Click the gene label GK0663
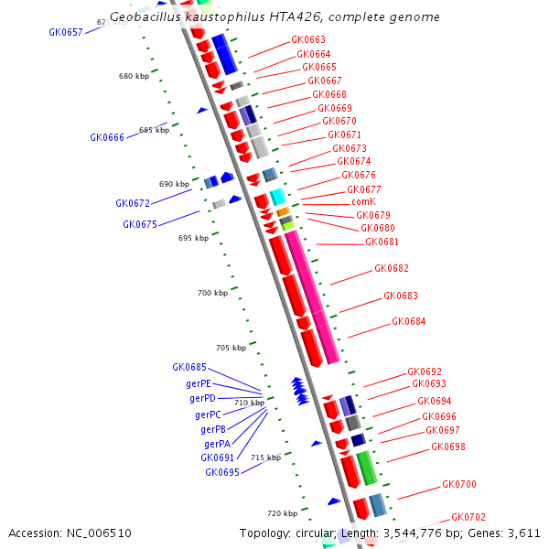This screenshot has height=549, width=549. [x=307, y=40]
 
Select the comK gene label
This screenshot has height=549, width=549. [x=363, y=202]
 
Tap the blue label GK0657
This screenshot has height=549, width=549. [x=66, y=32]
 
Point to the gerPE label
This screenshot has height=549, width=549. [x=198, y=383]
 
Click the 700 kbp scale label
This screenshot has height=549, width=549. [x=212, y=293]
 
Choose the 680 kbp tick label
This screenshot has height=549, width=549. [x=134, y=76]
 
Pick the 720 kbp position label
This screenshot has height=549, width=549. [x=282, y=512]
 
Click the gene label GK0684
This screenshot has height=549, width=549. [x=408, y=322]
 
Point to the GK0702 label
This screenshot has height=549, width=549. [x=468, y=517]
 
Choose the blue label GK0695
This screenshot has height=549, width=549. [x=222, y=472]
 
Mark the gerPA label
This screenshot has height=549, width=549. [x=216, y=444]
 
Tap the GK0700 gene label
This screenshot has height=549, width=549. [x=458, y=485]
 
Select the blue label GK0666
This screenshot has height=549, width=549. [x=107, y=137]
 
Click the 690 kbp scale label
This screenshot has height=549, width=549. [x=174, y=184]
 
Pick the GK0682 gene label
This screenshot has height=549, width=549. [x=391, y=269]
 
